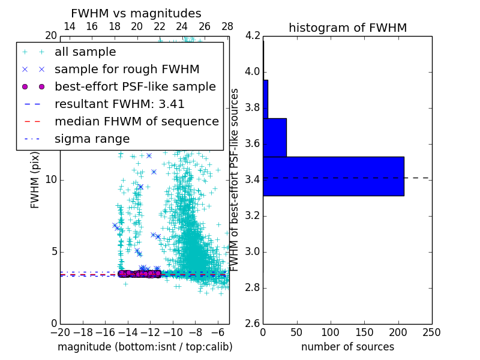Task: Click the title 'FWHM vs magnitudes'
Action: point(136,13)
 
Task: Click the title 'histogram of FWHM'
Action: point(347,28)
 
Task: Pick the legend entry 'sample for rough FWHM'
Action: point(127,70)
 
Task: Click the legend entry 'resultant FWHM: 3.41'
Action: point(119,104)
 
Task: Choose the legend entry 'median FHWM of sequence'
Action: point(136,122)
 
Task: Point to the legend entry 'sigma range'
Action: point(92,139)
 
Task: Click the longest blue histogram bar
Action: point(333,176)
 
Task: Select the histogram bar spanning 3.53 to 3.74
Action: point(274,137)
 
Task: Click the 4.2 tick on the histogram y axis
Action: point(253,36)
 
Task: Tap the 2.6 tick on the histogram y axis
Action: point(253,324)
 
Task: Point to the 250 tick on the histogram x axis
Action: point(431,332)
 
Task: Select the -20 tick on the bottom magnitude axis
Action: point(60,332)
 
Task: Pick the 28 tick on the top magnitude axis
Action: point(227,26)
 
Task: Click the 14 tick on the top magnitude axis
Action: point(69,26)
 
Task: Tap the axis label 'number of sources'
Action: point(347,347)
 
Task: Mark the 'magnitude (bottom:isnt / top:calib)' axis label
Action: point(145,347)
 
